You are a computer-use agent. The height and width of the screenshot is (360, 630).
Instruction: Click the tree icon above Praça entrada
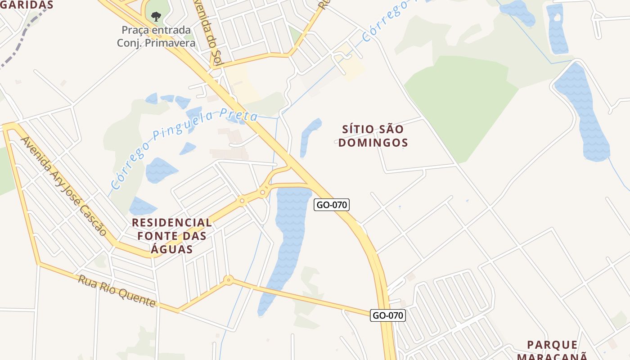tap(156, 17)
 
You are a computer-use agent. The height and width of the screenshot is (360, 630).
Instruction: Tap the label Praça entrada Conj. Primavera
tap(156, 36)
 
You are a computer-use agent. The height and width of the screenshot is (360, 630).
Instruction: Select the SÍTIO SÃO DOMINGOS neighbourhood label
tap(373, 136)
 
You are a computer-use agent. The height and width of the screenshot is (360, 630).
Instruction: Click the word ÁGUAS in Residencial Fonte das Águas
tap(171, 249)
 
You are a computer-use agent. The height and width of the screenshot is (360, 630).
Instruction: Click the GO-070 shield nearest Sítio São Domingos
tap(332, 205)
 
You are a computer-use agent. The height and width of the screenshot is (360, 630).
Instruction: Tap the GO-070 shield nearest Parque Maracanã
tap(388, 315)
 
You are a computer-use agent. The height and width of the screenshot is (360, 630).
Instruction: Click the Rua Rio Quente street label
tap(117, 291)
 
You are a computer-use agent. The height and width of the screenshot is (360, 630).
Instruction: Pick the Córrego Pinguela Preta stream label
tap(184, 148)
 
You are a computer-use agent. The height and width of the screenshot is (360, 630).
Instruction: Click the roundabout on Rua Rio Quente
tap(229, 280)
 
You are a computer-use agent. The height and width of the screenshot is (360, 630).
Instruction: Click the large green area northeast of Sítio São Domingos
tap(459, 103)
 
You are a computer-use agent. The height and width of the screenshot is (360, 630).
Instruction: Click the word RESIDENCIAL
tap(171, 222)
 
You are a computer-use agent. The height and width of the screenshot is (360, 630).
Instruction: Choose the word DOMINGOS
tap(373, 143)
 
